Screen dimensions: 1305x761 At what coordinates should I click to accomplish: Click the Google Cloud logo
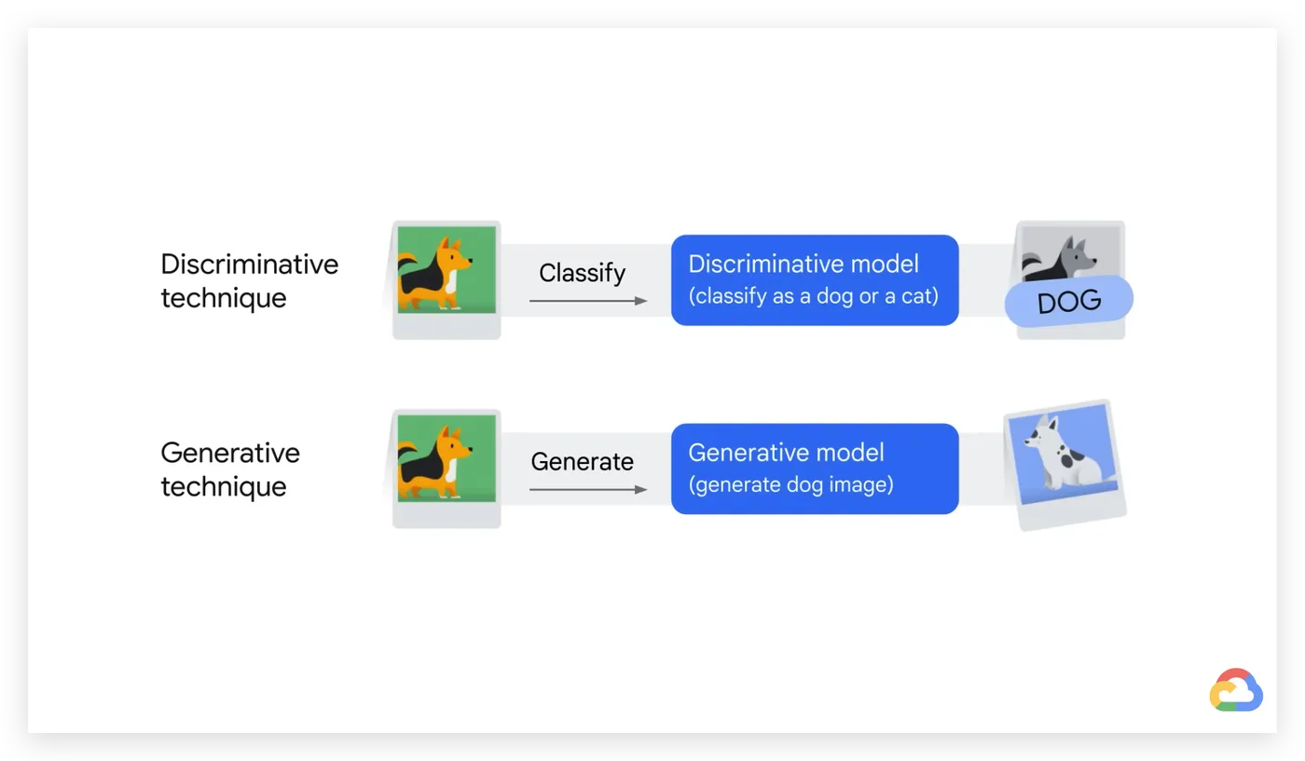tap(1236, 690)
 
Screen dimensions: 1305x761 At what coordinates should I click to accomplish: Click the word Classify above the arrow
tap(582, 273)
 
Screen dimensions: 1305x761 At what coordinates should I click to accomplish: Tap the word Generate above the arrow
tap(582, 462)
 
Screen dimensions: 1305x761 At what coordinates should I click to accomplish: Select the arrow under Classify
tap(588, 301)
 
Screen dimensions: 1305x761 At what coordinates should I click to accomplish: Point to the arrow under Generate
tap(588, 490)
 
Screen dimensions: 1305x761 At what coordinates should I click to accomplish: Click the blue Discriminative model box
tap(815, 280)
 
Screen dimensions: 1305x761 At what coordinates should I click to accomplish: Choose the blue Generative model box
tap(815, 469)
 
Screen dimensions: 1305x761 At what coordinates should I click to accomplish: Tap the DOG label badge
tap(1069, 301)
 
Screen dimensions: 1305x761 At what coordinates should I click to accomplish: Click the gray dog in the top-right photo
tap(1061, 259)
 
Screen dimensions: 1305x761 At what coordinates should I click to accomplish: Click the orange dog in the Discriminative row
tap(434, 273)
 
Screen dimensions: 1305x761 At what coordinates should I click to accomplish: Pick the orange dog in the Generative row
tap(434, 462)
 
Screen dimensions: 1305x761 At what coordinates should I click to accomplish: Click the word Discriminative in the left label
tap(250, 265)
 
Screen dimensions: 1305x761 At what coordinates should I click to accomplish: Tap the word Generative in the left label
tap(230, 453)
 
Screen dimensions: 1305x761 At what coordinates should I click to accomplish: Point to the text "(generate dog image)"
tap(790, 484)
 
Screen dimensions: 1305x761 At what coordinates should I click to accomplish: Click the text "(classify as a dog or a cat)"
tap(813, 296)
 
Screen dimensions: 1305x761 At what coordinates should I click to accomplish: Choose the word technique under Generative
tap(224, 487)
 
